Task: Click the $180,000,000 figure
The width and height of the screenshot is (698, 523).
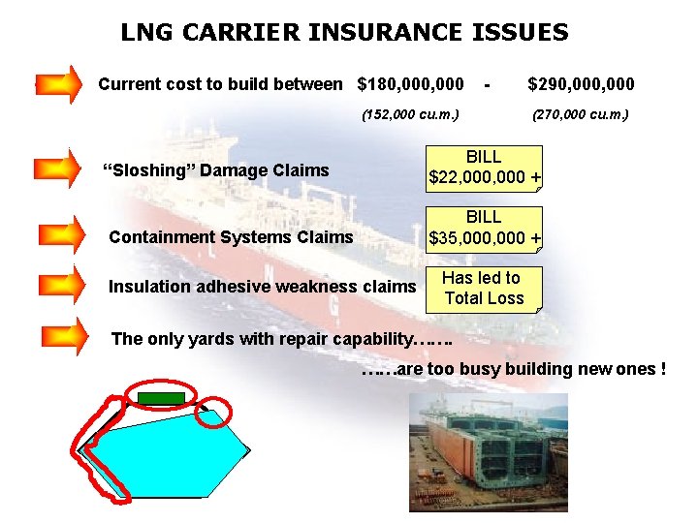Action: (410, 84)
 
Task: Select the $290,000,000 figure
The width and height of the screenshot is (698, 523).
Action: (581, 84)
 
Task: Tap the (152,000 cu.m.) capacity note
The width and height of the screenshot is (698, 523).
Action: (410, 114)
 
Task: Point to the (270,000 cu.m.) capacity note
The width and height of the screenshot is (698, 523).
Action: (581, 114)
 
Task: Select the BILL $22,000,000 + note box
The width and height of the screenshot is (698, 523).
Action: (485, 168)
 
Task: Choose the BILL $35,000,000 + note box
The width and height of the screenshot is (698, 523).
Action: (485, 229)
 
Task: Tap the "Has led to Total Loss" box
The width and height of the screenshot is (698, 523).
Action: (484, 289)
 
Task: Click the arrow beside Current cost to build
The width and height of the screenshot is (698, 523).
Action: (59, 84)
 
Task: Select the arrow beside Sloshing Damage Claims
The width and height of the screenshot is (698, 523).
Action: (59, 168)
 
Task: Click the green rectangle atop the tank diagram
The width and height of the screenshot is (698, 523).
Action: (160, 397)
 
